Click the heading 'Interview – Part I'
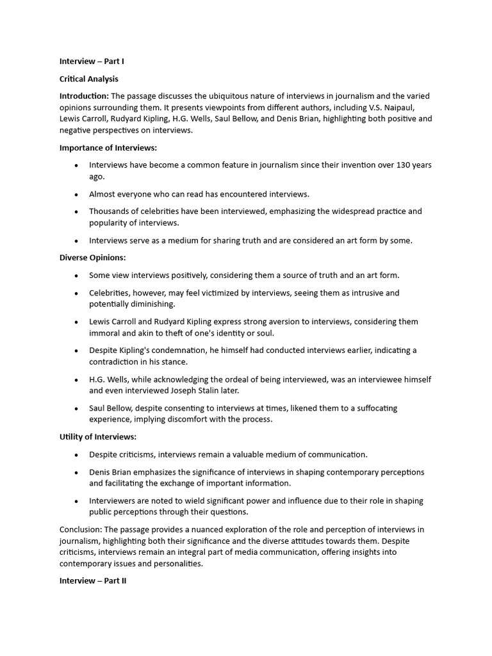(92, 61)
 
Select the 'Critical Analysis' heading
(88, 79)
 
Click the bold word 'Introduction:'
(84, 96)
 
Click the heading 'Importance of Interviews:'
(108, 148)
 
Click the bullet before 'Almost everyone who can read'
(76, 194)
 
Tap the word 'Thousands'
(110, 211)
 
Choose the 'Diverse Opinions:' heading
(92, 258)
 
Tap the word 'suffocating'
(374, 408)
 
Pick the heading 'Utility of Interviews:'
(98, 437)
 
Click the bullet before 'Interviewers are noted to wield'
(76, 501)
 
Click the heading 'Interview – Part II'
(93, 581)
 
